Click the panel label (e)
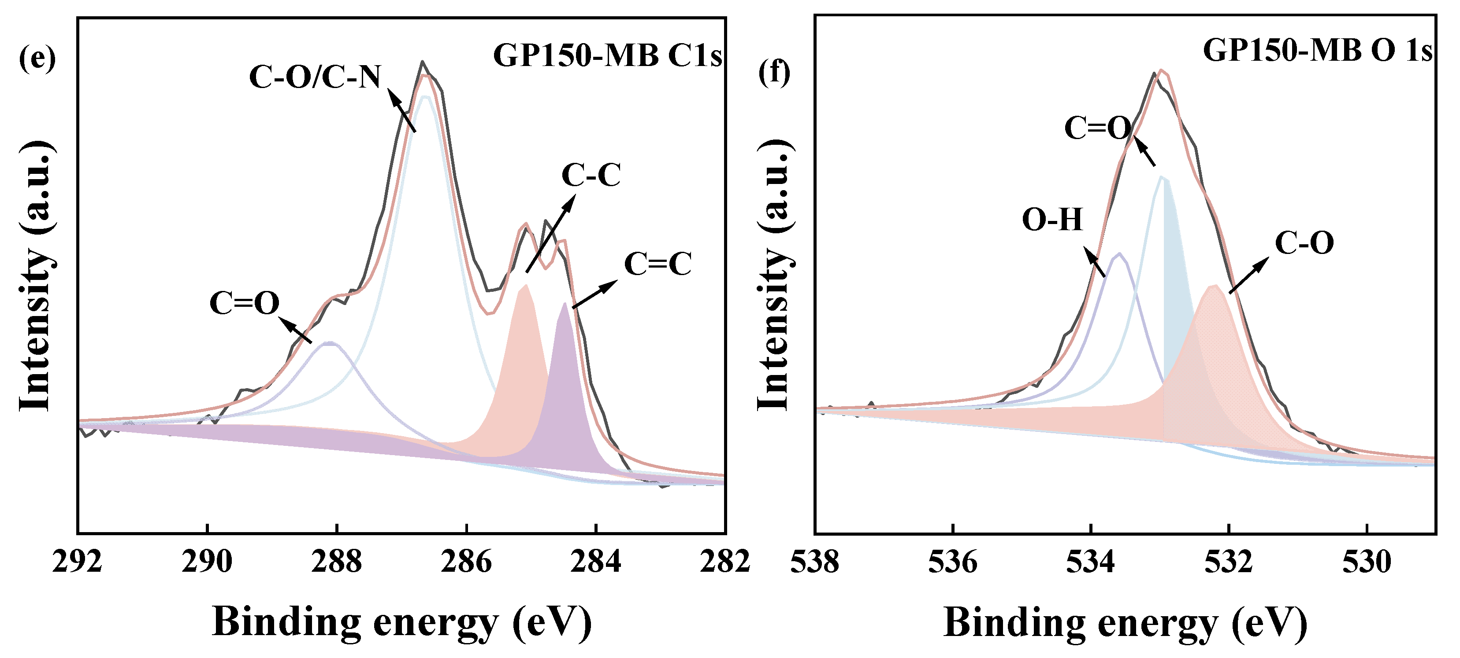click(37, 59)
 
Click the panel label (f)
click(774, 73)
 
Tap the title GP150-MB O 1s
click(1317, 51)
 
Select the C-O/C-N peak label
click(315, 77)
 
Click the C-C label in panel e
click(591, 175)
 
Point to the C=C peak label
click(658, 264)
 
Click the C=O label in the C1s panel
click(244, 303)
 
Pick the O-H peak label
click(1052, 220)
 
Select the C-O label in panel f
click(1304, 243)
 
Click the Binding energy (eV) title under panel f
click(1125, 623)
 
